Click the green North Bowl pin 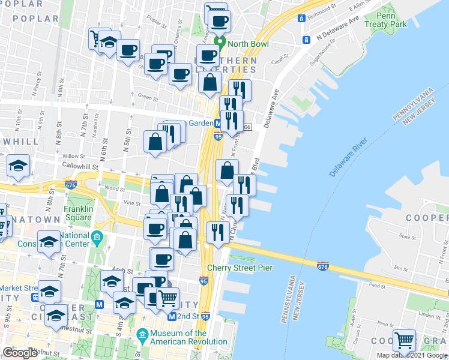(x=220, y=43)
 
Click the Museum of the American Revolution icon (x=143, y=334)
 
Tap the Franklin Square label (x=78, y=213)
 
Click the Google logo (x=20, y=353)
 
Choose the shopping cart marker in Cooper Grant (x=405, y=340)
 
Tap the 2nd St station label (x=187, y=316)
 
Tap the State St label (x=408, y=238)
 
